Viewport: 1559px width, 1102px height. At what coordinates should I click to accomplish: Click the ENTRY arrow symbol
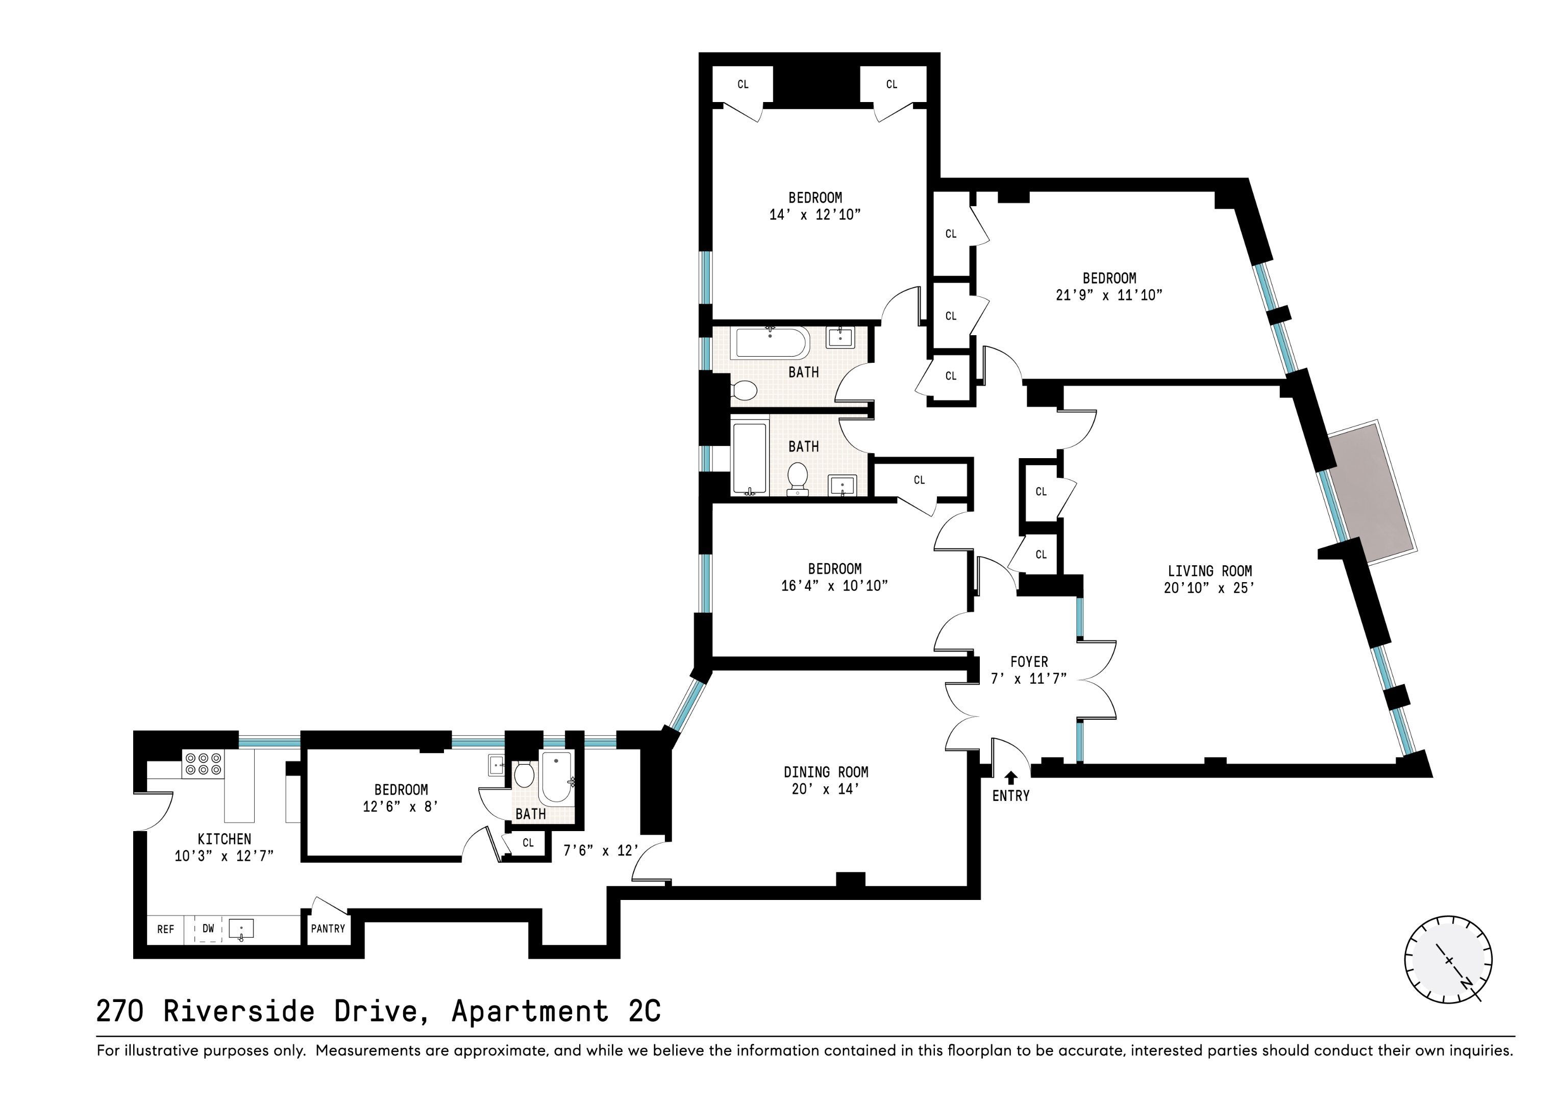click(x=1011, y=778)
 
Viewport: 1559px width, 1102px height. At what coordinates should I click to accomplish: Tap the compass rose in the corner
click(x=1448, y=960)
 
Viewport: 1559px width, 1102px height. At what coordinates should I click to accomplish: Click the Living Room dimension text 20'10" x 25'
click(x=1208, y=589)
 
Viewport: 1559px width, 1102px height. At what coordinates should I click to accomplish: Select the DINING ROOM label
click(x=826, y=772)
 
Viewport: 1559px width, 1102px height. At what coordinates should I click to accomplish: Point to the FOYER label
click(x=1029, y=661)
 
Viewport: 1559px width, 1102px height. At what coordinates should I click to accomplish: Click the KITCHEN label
click(x=224, y=839)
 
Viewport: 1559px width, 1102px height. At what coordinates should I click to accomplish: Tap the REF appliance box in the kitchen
click(x=166, y=929)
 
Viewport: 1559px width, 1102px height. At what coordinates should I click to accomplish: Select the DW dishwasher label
click(x=208, y=928)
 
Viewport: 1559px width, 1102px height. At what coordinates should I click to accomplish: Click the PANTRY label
click(x=328, y=928)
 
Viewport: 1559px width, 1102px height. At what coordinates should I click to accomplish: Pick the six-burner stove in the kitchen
click(x=203, y=764)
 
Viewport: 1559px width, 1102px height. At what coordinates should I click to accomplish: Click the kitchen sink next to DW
click(x=241, y=929)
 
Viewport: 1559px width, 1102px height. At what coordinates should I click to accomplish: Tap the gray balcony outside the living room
click(x=1372, y=492)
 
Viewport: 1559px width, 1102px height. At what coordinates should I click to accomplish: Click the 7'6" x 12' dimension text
click(x=601, y=850)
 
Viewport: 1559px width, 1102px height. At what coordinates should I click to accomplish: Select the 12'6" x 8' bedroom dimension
click(x=401, y=807)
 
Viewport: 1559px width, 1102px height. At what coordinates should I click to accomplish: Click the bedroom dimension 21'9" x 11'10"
click(x=1109, y=295)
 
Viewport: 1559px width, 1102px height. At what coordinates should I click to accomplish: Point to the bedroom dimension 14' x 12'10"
click(x=815, y=215)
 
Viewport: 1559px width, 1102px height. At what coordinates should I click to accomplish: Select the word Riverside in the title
click(x=238, y=1011)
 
